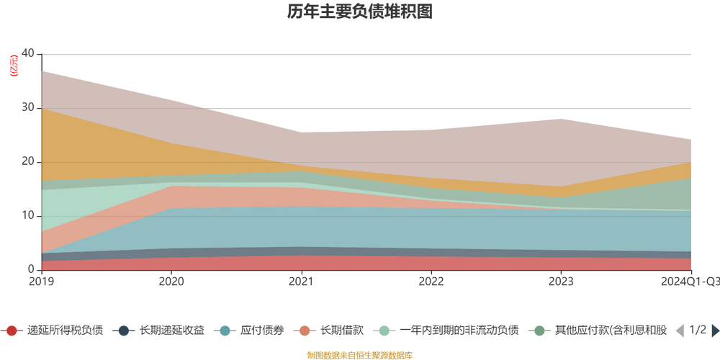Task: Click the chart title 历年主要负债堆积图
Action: click(x=359, y=12)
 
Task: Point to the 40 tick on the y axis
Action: click(x=28, y=54)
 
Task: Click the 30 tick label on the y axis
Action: click(x=28, y=108)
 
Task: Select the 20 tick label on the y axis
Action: click(x=28, y=162)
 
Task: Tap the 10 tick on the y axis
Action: click(x=28, y=216)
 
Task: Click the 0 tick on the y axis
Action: click(x=31, y=270)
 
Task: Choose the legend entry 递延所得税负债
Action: click(x=64, y=330)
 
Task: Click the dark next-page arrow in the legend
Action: click(x=715, y=330)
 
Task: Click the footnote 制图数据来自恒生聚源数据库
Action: click(x=359, y=355)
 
